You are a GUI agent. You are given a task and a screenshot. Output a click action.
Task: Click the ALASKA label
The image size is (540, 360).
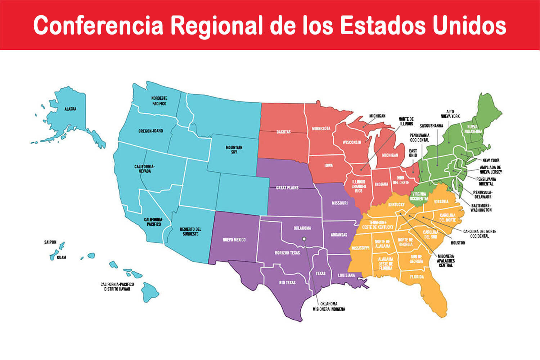point(70,109)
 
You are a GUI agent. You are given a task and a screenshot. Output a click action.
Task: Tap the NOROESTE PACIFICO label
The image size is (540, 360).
point(159,101)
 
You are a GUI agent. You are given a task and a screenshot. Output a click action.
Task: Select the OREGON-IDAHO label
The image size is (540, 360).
point(150,131)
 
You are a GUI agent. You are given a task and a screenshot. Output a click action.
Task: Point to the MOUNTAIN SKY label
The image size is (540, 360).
point(234,150)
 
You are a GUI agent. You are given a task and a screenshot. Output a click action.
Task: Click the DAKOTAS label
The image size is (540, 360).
point(284,132)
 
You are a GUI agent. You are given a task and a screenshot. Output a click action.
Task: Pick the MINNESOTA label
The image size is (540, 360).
point(321,129)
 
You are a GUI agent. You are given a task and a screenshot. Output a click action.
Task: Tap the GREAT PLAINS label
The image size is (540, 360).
point(287,188)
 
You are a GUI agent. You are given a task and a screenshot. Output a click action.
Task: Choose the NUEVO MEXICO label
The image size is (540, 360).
point(234,240)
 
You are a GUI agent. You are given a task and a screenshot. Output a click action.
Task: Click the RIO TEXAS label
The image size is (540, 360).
point(287,283)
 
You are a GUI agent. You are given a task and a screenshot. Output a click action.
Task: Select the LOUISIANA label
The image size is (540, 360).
point(346,275)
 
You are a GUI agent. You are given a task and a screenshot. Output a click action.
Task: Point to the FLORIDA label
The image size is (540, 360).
point(417,277)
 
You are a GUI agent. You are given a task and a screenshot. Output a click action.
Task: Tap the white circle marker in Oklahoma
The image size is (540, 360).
point(304,239)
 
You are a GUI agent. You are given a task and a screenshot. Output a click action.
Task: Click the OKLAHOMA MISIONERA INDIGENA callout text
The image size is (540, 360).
point(329,306)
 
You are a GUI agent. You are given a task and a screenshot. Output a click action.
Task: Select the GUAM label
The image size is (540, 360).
point(62,258)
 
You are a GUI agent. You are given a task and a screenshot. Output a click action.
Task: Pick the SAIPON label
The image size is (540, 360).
point(50,242)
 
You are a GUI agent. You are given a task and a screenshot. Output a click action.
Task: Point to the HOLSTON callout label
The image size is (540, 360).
point(458,243)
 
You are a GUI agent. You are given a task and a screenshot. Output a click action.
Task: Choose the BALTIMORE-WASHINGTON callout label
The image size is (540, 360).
point(481,208)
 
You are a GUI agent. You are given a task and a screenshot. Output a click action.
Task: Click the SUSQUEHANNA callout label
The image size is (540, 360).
point(431,126)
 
